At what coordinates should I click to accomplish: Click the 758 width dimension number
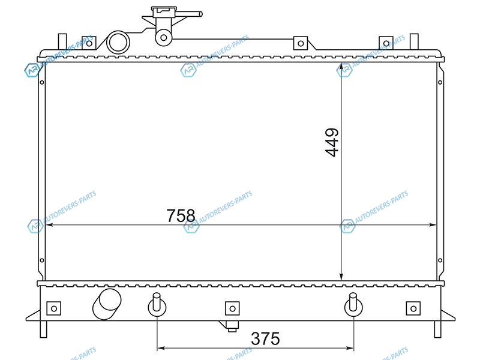pyautogui.click(x=181, y=215)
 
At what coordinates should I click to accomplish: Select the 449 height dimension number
pyautogui.click(x=332, y=142)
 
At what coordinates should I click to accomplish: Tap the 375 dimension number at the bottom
pyautogui.click(x=265, y=338)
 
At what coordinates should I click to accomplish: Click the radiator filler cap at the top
pyautogui.click(x=164, y=11)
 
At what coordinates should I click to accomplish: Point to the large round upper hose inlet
pyautogui.click(x=118, y=43)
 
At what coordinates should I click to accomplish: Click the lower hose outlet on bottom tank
pyautogui.click(x=107, y=304)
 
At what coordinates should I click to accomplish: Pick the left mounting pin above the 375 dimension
pyautogui.click(x=157, y=305)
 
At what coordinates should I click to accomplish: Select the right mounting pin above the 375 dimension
pyautogui.click(x=353, y=305)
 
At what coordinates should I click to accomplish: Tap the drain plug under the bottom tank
pyautogui.click(x=232, y=326)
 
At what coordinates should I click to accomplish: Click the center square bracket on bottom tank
pyautogui.click(x=232, y=308)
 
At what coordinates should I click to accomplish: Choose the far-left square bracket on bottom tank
pyautogui.click(x=54, y=308)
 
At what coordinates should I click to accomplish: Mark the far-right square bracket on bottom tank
pyautogui.click(x=413, y=308)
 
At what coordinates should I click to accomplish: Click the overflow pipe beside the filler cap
pyautogui.click(x=188, y=14)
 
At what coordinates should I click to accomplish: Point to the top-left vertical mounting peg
pyautogui.click(x=62, y=41)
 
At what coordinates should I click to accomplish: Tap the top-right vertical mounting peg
pyautogui.click(x=414, y=41)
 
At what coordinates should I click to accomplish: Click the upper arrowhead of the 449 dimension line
pyautogui.click(x=341, y=67)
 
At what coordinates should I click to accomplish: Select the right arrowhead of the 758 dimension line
pyautogui.click(x=432, y=224)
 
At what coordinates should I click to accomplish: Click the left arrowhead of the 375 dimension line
pyautogui.click(x=161, y=348)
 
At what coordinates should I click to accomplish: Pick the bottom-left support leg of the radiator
pyautogui.click(x=43, y=329)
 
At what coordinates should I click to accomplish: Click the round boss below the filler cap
pyautogui.click(x=164, y=38)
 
